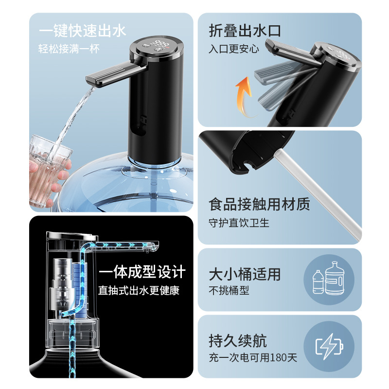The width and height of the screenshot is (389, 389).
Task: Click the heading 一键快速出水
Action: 82,32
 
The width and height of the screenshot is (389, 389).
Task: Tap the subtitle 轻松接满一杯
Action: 68,49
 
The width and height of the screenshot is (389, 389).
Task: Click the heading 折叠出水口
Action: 245,32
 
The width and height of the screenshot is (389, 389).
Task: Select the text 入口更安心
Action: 234,49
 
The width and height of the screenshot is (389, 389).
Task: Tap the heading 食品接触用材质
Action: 259,204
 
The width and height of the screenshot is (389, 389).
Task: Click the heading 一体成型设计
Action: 141,272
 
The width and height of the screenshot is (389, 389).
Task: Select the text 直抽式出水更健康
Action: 139,291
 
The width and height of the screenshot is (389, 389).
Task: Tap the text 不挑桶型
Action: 229,291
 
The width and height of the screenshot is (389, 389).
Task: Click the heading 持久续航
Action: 238,340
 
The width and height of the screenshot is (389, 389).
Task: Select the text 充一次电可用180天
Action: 253,358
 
